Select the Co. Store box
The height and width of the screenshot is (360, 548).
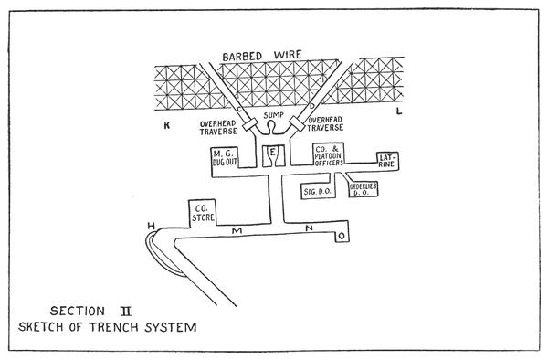point(202,213)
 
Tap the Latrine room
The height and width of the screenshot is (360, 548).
point(387,161)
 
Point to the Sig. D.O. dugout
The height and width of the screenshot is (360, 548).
point(317,191)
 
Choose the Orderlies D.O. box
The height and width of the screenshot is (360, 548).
point(364,189)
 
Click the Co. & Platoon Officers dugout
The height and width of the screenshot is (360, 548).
point(328,154)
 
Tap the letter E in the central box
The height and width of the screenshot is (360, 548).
point(272,152)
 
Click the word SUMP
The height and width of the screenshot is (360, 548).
point(273,115)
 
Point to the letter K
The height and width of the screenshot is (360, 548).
point(167,125)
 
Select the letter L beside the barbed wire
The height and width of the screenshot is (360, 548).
point(399,111)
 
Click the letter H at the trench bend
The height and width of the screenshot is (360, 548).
point(151,226)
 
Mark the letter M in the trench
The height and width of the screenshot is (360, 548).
point(237,230)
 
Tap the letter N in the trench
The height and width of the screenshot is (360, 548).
point(309,228)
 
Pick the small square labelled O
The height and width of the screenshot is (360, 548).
point(342,236)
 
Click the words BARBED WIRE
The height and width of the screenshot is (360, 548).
point(262,56)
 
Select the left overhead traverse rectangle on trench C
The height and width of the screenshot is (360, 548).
point(250,125)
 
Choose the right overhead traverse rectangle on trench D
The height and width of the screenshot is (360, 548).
point(297,124)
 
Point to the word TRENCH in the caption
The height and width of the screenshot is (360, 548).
point(114,327)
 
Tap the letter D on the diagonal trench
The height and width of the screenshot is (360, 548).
point(312,106)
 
